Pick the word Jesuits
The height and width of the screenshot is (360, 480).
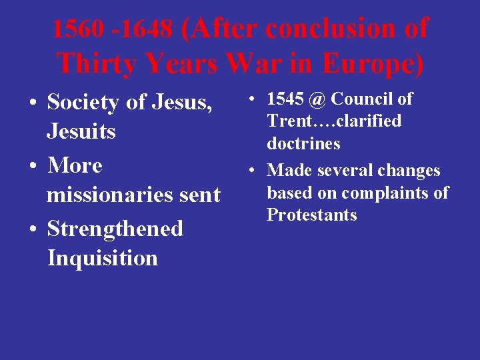coord(81,131)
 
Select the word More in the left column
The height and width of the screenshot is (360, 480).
coord(75,165)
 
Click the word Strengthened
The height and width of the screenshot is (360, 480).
coord(115,229)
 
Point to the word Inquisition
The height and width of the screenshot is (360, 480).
coord(103,258)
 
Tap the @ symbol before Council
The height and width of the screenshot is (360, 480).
coord(317,99)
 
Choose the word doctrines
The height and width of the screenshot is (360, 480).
coord(303,144)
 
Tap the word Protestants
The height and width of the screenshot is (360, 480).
coord(312,215)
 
